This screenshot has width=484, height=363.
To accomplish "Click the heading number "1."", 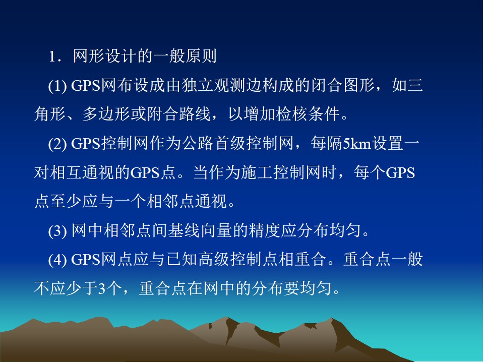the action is point(55,57).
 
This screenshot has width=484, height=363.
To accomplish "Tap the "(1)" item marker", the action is point(57,86).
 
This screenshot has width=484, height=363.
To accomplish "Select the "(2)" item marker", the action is point(57,144).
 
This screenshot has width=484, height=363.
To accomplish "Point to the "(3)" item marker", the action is point(57,231).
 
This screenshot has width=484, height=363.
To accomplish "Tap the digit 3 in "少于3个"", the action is point(101,288).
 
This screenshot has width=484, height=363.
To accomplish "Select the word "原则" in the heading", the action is point(201,56).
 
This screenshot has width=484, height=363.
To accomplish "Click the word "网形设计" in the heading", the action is point(105,56).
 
